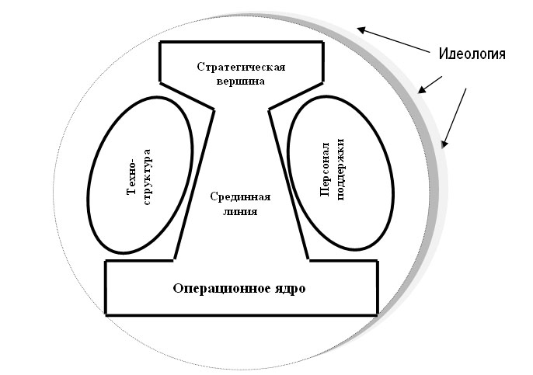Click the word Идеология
472,54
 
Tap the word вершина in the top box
241,80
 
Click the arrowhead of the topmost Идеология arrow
360,30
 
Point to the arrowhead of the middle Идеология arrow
421,90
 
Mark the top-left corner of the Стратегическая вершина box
159,42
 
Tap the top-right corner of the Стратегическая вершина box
322,42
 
